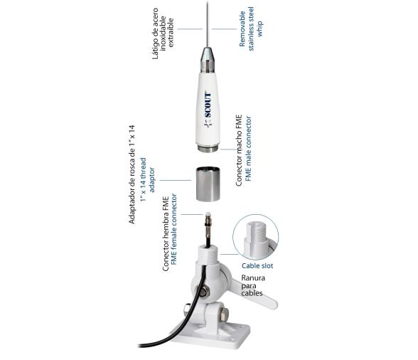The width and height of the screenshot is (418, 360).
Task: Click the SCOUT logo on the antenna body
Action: [x=208, y=107]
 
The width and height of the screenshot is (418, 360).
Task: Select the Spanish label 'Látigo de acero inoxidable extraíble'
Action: [x=163, y=35]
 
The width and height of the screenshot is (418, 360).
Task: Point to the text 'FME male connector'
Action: [x=249, y=149]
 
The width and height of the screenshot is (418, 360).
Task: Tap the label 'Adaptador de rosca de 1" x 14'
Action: [x=132, y=174]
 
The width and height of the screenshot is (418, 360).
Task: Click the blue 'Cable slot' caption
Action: [x=256, y=265]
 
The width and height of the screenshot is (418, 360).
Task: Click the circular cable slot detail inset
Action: [x=256, y=236]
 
